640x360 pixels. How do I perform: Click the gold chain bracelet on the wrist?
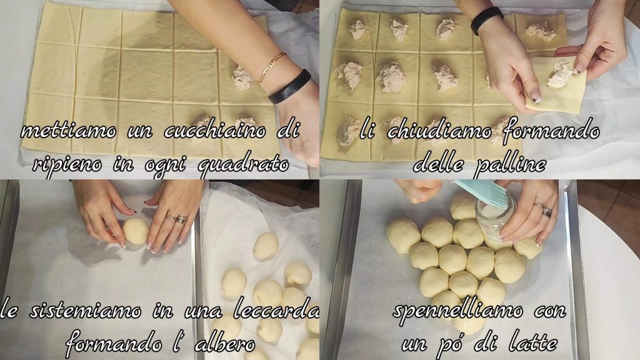270,68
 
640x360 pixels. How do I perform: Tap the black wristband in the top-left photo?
290,86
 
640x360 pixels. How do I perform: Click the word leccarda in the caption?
276,311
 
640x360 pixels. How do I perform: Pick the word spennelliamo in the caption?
457,311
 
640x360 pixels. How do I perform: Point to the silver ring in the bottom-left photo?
178,219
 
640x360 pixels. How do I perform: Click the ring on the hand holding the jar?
545,210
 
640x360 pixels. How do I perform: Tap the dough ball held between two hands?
136,231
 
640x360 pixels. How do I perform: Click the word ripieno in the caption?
66,166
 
